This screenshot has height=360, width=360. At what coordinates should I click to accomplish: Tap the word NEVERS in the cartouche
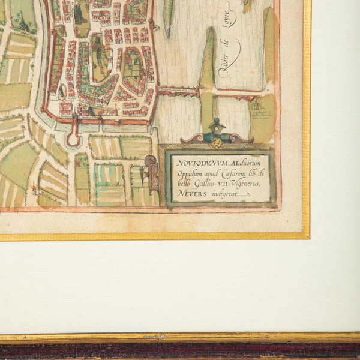188,194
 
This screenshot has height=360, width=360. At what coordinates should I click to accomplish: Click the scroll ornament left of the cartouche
150,163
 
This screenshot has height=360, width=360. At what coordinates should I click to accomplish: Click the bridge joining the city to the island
178,91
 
